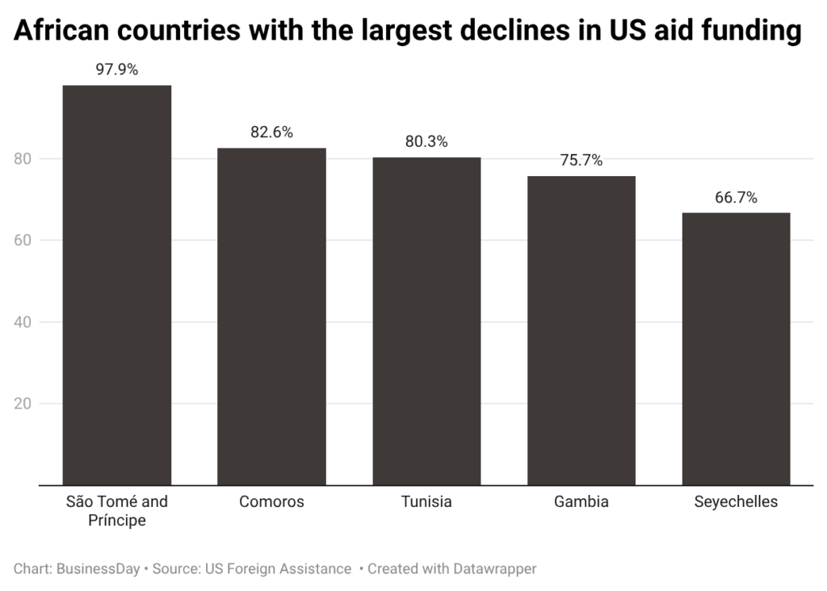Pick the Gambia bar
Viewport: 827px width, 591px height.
(x=581, y=330)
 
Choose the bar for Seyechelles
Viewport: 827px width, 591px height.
(x=736, y=349)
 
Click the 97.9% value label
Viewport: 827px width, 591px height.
(x=117, y=69)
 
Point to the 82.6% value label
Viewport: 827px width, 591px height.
(x=271, y=132)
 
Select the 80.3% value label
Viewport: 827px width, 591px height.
(x=426, y=142)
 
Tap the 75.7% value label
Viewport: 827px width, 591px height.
(x=581, y=161)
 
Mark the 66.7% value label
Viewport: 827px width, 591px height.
(x=736, y=198)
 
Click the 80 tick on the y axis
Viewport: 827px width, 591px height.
(x=24, y=159)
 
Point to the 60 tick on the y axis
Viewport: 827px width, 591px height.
(x=24, y=241)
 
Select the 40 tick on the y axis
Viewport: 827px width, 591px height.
(x=24, y=322)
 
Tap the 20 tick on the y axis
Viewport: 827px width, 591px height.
(x=24, y=404)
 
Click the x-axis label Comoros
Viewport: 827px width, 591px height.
(x=271, y=502)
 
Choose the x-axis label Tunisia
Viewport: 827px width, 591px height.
(x=426, y=502)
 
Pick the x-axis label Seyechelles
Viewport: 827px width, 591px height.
(x=736, y=502)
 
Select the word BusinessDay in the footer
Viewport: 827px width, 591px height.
(x=98, y=569)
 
